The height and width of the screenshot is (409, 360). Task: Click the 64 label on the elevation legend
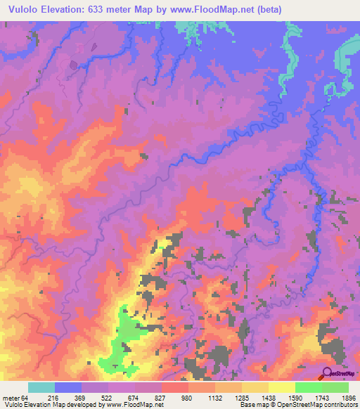click(x=25, y=398)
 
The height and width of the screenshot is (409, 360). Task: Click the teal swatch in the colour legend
click(x=41, y=387)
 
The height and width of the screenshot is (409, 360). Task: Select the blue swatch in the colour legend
click(x=68, y=387)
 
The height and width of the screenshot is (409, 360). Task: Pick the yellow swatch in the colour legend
click(x=281, y=387)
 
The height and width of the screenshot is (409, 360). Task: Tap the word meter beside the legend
click(x=11, y=398)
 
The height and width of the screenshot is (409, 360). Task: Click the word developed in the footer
click(x=86, y=405)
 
